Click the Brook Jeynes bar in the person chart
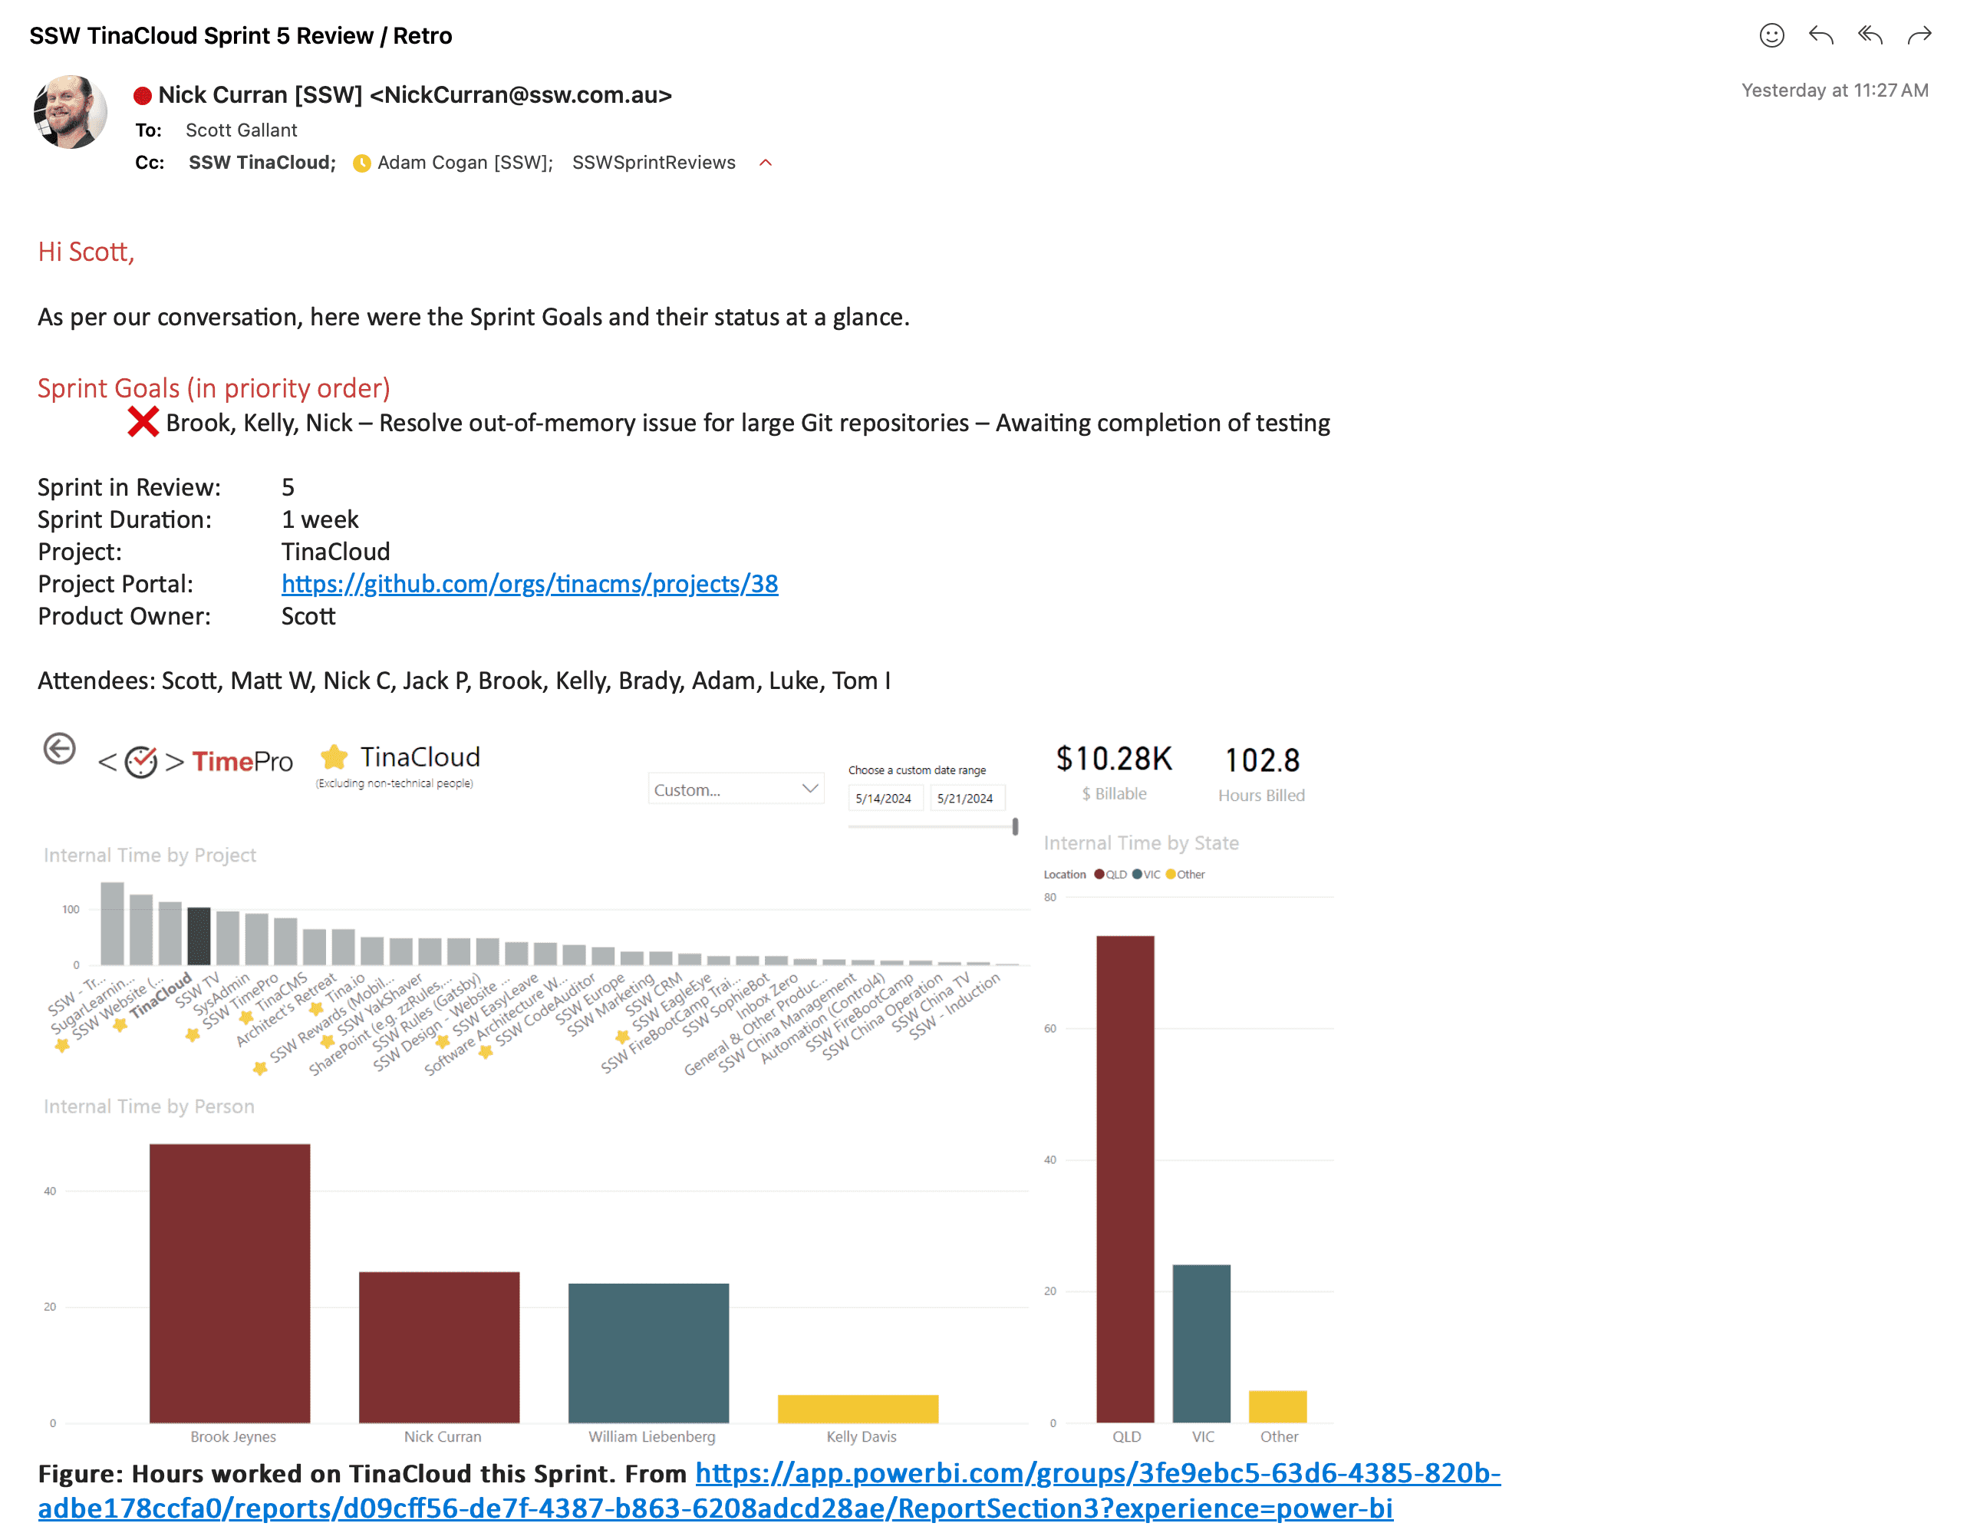tap(229, 1283)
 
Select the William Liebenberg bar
tap(648, 1352)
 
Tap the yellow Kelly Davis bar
tap(858, 1409)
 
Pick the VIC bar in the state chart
tap(1201, 1343)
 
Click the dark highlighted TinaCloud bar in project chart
tap(199, 936)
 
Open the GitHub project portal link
tap(529, 584)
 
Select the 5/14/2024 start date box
tap(883, 798)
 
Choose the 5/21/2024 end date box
tap(964, 798)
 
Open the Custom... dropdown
tap(735, 789)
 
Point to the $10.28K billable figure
tap(1114, 760)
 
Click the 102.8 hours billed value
tap(1261, 761)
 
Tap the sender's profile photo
tap(71, 112)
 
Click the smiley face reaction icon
tap(1771, 36)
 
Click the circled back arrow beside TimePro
tap(59, 749)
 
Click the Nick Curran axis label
tap(442, 1436)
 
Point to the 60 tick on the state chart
tap(1050, 1029)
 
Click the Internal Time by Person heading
tap(149, 1106)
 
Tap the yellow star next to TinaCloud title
tap(334, 757)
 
